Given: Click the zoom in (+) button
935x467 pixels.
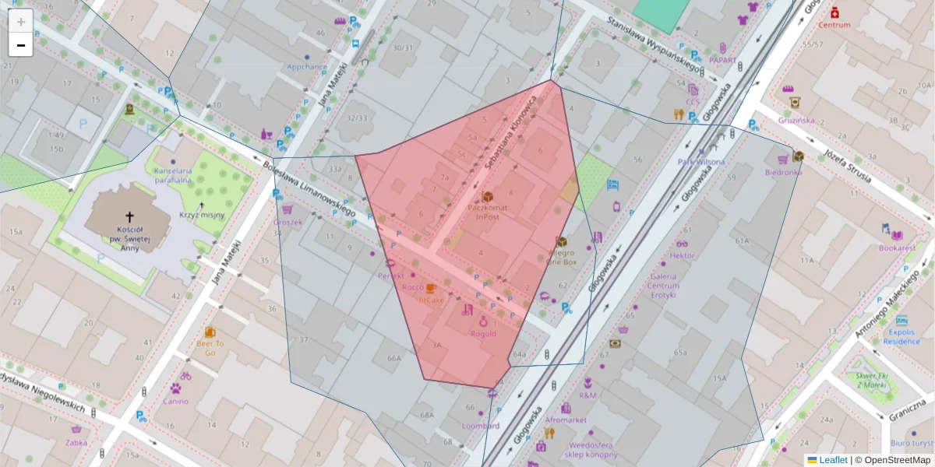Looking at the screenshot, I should tap(21, 21).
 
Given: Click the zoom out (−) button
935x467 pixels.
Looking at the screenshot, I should tap(21, 45).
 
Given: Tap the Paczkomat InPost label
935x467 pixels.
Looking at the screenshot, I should tap(489, 212).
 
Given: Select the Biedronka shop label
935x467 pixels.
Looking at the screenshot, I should tap(783, 172).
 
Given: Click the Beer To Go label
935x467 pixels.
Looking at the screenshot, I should tap(210, 348).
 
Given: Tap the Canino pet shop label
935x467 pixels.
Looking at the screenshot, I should tap(175, 402).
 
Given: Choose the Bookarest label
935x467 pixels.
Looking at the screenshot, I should tap(897, 248).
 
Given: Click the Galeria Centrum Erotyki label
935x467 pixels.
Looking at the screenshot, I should tap(664, 285).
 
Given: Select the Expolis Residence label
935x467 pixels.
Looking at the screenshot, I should tap(901, 336).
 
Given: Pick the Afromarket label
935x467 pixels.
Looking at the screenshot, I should tap(566, 420).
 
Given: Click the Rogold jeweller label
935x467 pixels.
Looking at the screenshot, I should tap(483, 334).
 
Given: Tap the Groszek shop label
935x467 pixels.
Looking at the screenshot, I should tap(287, 221).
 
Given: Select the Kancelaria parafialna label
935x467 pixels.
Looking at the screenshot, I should tap(173, 175).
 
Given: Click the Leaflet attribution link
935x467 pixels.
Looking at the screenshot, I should tap(833, 460).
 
